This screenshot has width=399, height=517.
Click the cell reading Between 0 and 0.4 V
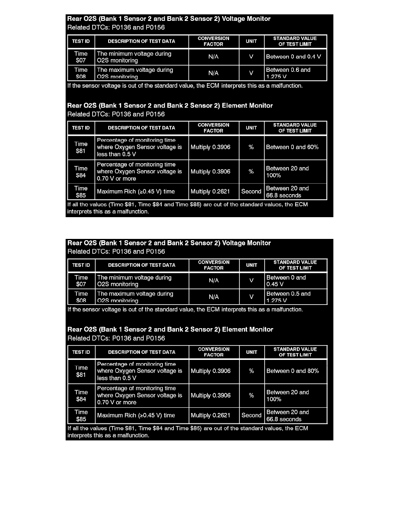[x=296, y=57]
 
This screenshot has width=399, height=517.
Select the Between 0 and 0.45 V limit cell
[x=296, y=281]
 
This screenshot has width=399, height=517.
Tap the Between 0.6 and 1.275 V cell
[x=296, y=73]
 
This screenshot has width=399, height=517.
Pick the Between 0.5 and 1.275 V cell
[x=296, y=297]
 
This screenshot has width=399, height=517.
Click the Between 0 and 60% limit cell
[x=296, y=147]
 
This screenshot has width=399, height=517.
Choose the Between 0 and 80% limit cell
[x=296, y=371]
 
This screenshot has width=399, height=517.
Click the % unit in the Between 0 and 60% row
[x=251, y=147]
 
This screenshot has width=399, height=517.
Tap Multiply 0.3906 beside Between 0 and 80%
[x=214, y=371]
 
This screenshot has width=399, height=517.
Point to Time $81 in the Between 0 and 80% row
[x=81, y=371]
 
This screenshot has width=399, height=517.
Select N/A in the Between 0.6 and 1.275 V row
[x=213, y=73]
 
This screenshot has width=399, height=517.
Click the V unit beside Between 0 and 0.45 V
[x=251, y=281]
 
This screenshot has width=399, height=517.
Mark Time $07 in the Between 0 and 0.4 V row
[x=81, y=57]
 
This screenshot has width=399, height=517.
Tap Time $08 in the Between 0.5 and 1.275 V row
[x=81, y=297]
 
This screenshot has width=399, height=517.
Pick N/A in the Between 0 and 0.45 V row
[x=213, y=281]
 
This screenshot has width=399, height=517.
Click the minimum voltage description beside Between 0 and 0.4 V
[x=142, y=57]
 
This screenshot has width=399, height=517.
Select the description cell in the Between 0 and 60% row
[x=142, y=147]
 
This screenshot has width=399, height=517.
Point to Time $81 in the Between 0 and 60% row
[x=81, y=147]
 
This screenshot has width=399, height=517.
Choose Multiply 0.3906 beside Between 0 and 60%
[x=213, y=147]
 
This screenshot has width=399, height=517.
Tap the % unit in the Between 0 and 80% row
[x=251, y=371]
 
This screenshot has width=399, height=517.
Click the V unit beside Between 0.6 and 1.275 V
[x=251, y=73]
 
